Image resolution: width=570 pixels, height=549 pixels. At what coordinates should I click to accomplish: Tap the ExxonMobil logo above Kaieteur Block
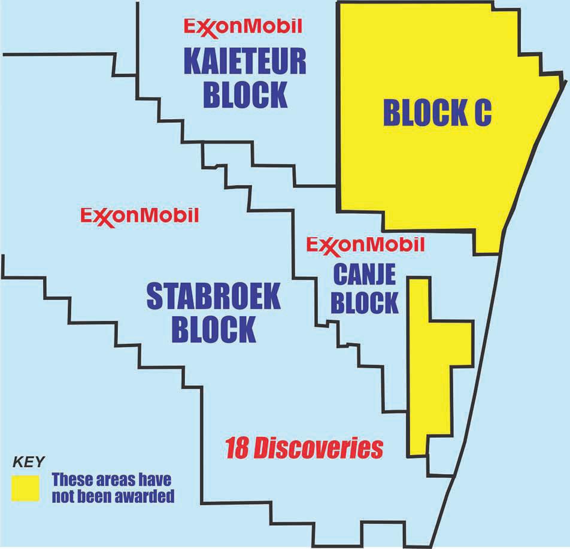coord(242,26)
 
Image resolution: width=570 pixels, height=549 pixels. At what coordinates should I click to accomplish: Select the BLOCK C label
coord(436,112)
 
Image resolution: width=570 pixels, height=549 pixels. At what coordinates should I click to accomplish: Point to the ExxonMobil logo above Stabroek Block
coord(139,215)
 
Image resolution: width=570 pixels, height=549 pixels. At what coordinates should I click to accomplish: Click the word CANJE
coord(363,275)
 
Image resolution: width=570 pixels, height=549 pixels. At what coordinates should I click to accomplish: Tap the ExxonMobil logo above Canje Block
coord(365,244)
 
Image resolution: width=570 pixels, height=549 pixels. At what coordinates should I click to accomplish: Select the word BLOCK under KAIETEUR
coord(245,94)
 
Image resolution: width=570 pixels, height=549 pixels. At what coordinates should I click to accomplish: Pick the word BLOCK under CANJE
coord(364,303)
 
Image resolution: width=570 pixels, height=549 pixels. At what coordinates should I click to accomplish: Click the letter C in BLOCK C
coord(480,112)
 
